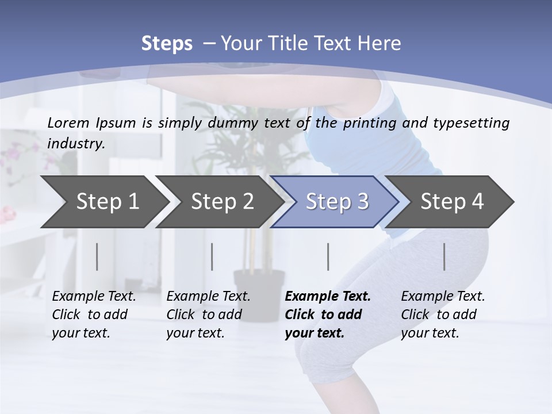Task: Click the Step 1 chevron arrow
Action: pos(107,202)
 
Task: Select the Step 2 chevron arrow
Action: pos(222,202)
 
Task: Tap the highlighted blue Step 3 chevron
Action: pos(336,202)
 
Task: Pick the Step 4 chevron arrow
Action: pos(452,202)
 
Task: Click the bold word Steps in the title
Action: pos(167,43)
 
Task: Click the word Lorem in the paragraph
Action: pos(68,122)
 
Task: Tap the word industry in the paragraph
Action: pos(75,143)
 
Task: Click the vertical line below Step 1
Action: pos(97,256)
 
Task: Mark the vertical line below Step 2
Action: pos(212,256)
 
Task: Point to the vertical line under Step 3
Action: pos(328,256)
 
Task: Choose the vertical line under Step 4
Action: pos(444,256)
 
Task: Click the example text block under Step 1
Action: pos(94,315)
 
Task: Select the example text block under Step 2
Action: pos(208,315)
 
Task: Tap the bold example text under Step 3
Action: pos(328,315)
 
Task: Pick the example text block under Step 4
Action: pos(443,315)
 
